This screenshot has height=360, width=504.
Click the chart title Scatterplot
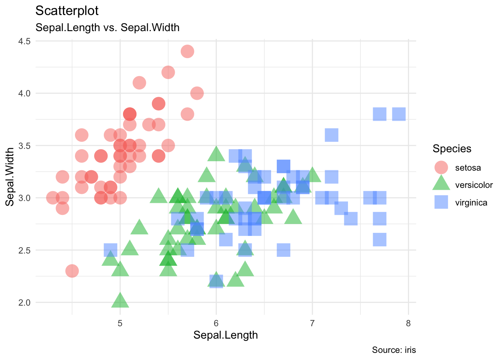click(x=67, y=11)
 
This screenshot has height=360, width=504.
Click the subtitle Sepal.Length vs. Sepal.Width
click(x=107, y=27)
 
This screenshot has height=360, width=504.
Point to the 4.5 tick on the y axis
click(x=24, y=41)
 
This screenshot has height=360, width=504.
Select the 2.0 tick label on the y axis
click(x=24, y=302)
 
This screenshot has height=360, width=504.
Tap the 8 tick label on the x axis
click(x=408, y=323)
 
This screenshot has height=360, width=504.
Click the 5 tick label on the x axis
click(x=120, y=323)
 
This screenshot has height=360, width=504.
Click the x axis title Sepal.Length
click(x=225, y=335)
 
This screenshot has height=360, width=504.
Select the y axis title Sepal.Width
click(x=10, y=177)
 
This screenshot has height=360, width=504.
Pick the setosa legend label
click(x=468, y=168)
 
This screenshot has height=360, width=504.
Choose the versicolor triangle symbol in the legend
click(x=441, y=184)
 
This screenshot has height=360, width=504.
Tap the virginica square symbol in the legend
click(x=441, y=202)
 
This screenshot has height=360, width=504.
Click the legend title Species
click(x=452, y=148)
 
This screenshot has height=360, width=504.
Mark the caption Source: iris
click(x=394, y=350)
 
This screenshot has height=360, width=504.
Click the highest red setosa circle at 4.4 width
click(x=187, y=51)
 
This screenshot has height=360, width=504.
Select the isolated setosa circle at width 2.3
click(x=72, y=271)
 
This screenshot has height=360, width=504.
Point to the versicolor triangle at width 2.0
click(x=120, y=301)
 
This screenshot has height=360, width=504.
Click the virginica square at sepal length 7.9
click(x=399, y=114)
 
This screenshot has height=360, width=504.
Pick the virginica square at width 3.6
click(x=331, y=135)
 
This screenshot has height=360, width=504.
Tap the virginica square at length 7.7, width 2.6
click(x=379, y=240)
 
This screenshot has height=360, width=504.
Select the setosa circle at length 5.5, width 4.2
click(x=168, y=72)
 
